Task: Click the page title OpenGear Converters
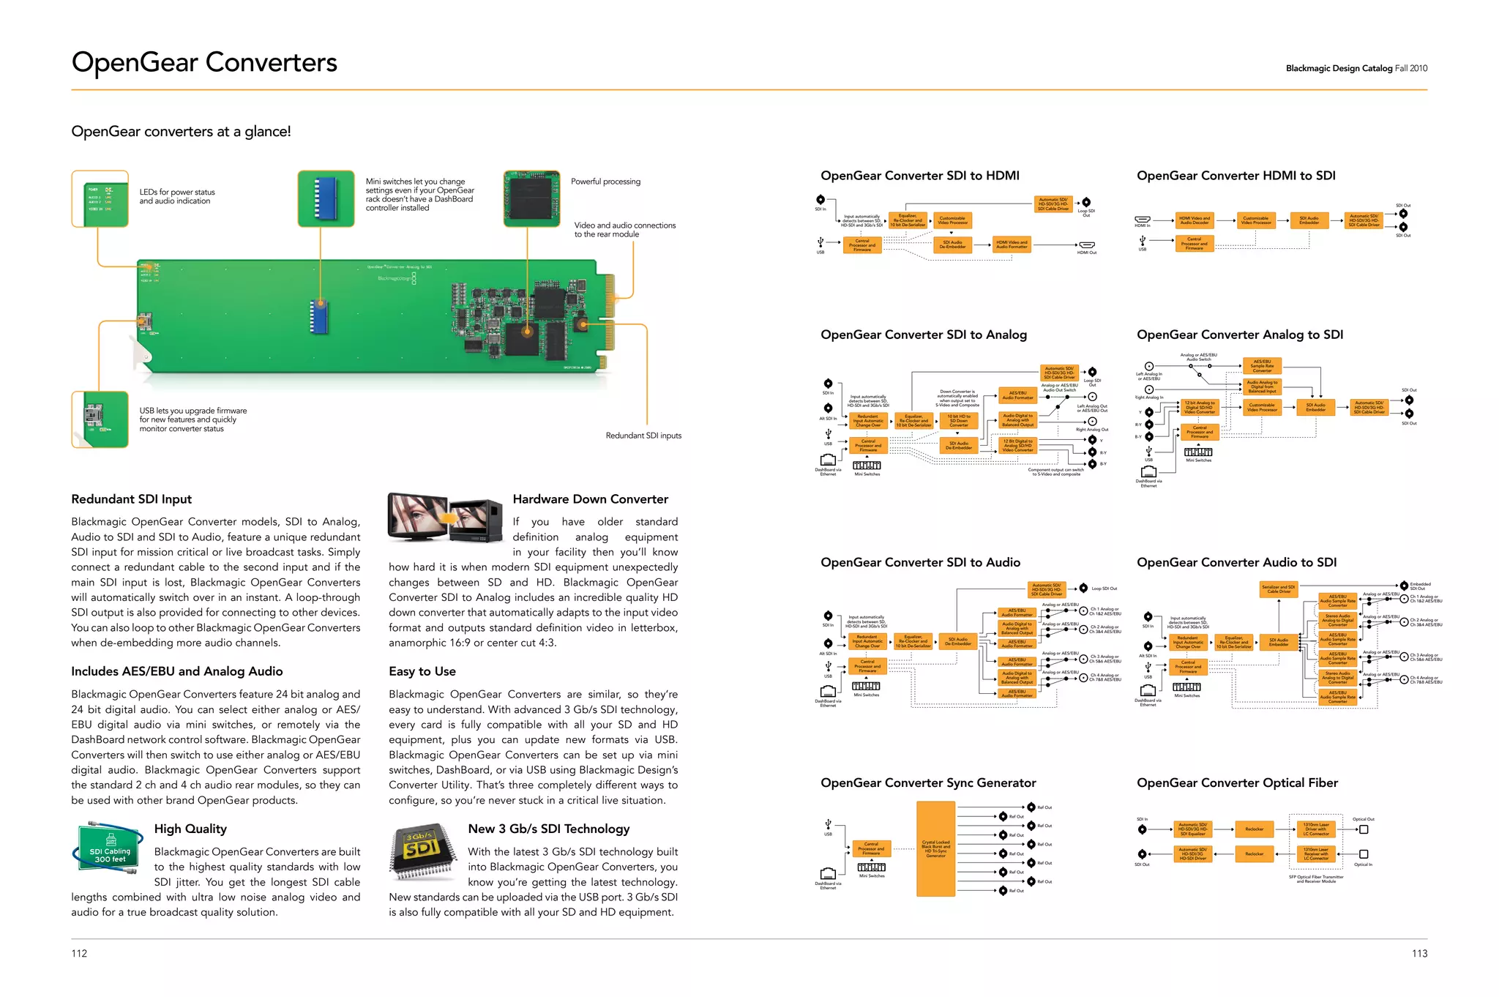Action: pyautogui.click(x=204, y=63)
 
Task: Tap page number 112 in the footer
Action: pyautogui.click(x=79, y=953)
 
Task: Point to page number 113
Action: pyautogui.click(x=1419, y=953)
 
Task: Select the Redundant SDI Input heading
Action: pyautogui.click(x=131, y=499)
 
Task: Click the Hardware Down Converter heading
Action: pyautogui.click(x=590, y=499)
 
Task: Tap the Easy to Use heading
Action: pyautogui.click(x=422, y=671)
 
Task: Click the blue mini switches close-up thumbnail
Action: pyautogui.click(x=326, y=198)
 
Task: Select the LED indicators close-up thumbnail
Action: pyautogui.click(x=100, y=198)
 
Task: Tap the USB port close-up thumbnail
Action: pyautogui.click(x=100, y=419)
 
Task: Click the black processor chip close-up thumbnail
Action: pyautogui.click(x=531, y=198)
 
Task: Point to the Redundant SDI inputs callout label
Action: pyautogui.click(x=643, y=436)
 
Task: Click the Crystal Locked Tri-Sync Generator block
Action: pyautogui.click(x=935, y=848)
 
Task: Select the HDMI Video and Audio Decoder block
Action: pyautogui.click(x=1195, y=220)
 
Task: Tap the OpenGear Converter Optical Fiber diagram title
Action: pyautogui.click(x=1237, y=783)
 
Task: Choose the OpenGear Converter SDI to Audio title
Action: pyautogui.click(x=920, y=562)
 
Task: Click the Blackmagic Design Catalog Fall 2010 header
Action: pyautogui.click(x=1356, y=68)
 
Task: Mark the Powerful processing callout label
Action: pyautogui.click(x=605, y=182)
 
